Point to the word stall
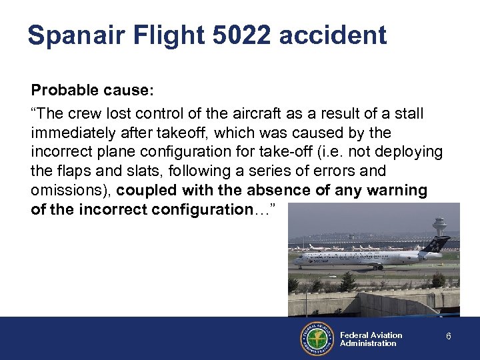click(x=409, y=113)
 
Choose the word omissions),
click(x=71, y=191)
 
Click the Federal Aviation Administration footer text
click(x=371, y=339)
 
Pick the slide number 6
click(x=449, y=337)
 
